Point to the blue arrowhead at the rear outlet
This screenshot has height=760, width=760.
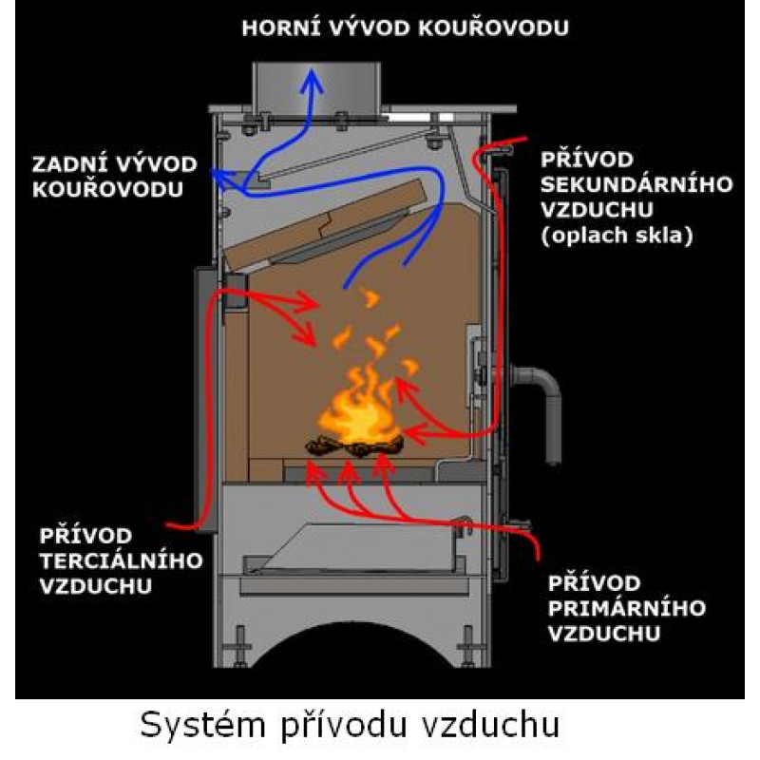click(217, 174)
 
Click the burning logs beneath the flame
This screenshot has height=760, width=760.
click(352, 442)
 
